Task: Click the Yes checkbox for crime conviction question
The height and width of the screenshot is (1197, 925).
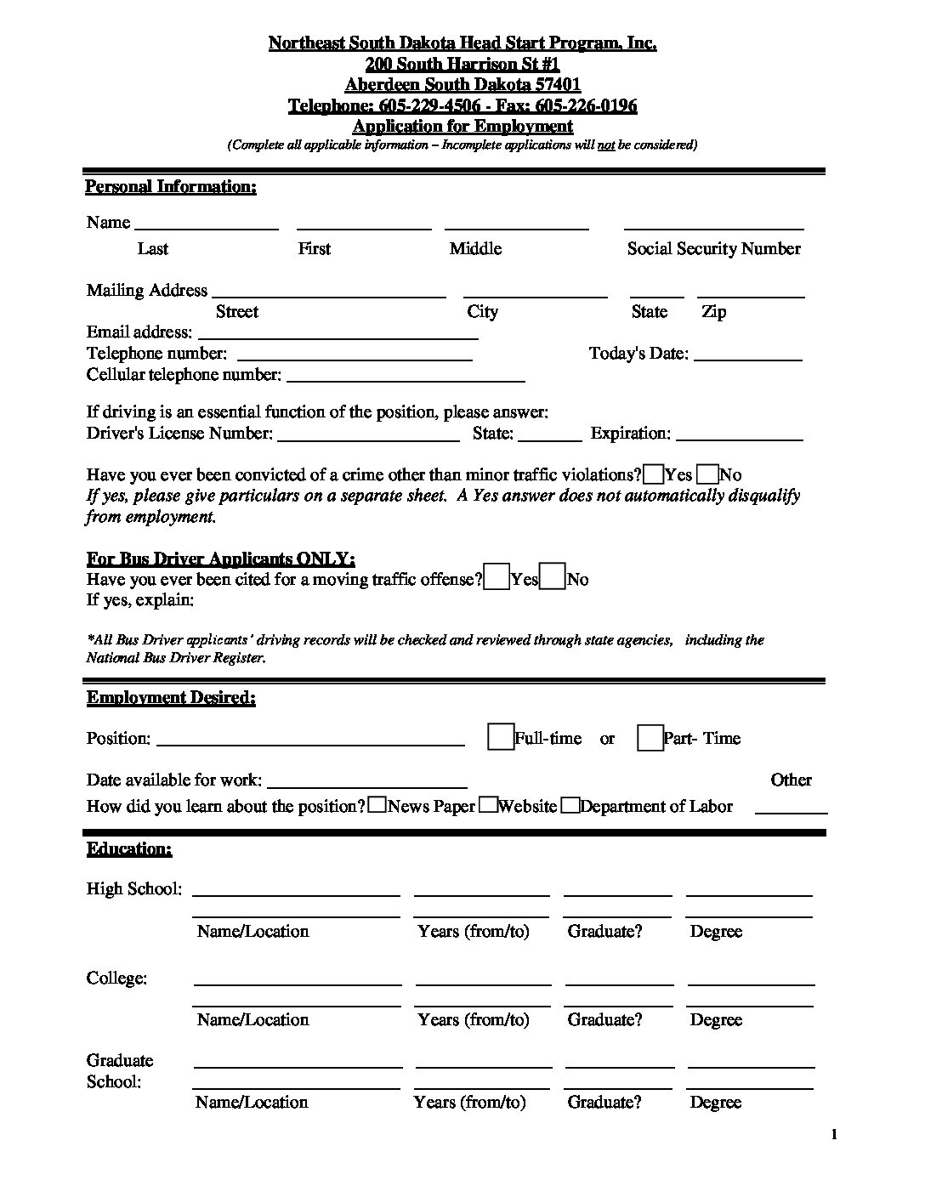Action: point(654,474)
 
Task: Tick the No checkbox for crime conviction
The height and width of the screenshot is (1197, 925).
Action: point(707,474)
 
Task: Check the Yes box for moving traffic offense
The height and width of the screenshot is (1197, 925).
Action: point(497,577)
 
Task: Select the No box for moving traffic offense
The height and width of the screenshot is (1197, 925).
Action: point(553,577)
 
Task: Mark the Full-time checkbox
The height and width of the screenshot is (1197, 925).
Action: point(501,736)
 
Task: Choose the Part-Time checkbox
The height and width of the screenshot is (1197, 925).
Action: point(650,737)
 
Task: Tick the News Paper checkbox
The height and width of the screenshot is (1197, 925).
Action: point(377,805)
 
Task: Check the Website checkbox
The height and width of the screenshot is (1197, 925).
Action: point(488,805)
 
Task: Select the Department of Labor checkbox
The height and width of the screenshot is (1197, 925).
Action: point(571,805)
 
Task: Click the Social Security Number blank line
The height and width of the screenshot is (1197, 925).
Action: point(713,228)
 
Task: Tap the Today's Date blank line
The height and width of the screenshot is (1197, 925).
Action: point(748,360)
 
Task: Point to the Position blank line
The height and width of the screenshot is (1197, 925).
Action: point(310,744)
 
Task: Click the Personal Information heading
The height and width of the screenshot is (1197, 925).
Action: point(171,186)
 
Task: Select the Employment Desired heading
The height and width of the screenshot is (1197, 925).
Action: point(171,698)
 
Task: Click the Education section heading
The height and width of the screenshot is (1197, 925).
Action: point(129,848)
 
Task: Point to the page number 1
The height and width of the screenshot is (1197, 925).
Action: point(834,1134)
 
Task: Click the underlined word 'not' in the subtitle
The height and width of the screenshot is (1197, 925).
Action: point(606,145)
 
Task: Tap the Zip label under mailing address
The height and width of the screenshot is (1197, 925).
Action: point(714,311)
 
